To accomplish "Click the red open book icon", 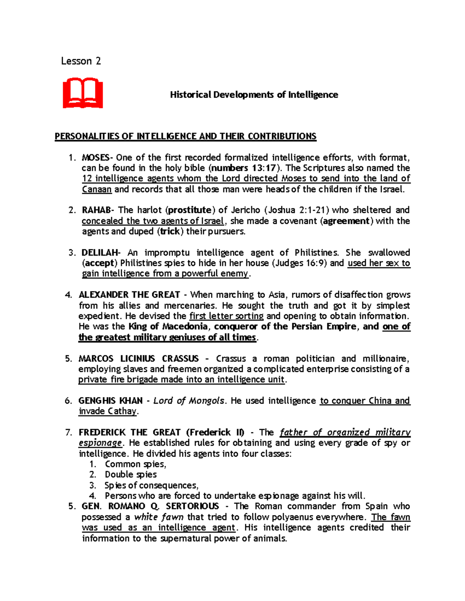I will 83,93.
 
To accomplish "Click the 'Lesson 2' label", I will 81,61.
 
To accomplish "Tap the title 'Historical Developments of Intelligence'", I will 254,95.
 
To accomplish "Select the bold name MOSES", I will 95,158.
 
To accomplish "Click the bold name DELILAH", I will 100,253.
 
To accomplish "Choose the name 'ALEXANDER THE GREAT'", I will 129,295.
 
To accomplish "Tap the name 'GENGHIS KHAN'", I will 110,401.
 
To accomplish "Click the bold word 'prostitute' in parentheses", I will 190,210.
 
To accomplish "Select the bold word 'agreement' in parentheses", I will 346,221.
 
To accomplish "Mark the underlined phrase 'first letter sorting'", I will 226,316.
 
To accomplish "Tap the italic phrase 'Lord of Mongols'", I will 189,401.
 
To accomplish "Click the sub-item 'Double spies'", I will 131,474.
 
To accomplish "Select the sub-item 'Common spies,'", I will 135,464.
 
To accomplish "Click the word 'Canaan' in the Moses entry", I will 96,189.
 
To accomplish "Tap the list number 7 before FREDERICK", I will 69,432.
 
